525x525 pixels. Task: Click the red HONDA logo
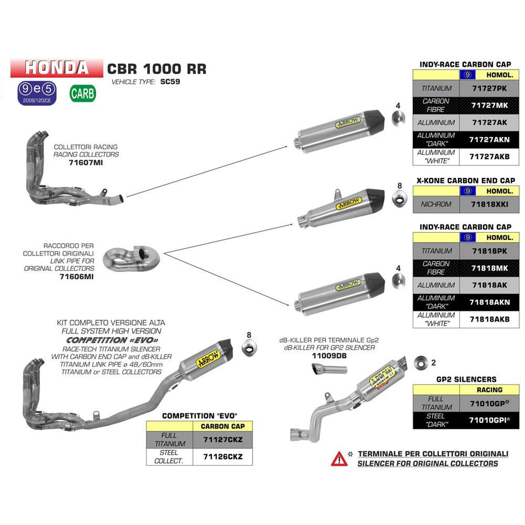[x=56, y=67]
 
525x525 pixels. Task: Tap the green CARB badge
[x=82, y=93]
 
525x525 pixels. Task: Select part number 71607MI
[x=86, y=164]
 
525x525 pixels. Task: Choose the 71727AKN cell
[x=489, y=140]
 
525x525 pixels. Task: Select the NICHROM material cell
[x=436, y=204]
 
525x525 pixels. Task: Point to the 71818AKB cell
[x=489, y=319]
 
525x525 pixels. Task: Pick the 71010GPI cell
[x=489, y=421]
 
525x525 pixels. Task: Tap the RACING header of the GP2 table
[x=489, y=390]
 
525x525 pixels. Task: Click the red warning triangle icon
[x=339, y=458]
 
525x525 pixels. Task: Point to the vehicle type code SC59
[x=171, y=81]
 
